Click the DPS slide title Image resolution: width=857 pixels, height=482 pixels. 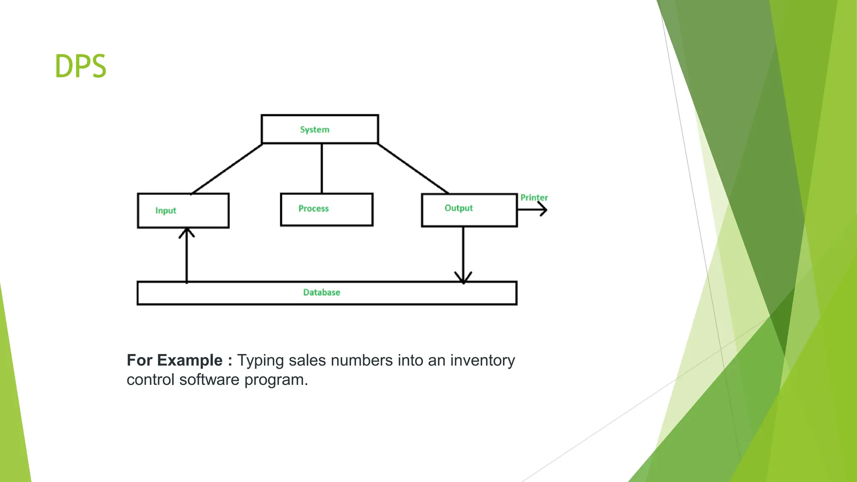click(81, 66)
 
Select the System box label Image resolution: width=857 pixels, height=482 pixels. click(315, 130)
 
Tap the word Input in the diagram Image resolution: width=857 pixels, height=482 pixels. click(166, 210)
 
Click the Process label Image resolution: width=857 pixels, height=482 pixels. click(313, 208)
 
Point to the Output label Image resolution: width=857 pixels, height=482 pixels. click(459, 208)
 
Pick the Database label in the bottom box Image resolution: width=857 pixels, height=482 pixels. click(321, 292)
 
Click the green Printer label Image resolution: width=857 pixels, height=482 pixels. click(534, 197)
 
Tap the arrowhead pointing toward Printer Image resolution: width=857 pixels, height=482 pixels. click(544, 209)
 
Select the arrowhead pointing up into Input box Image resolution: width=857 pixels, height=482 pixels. click(187, 232)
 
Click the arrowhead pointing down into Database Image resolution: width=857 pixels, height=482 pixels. click(463, 278)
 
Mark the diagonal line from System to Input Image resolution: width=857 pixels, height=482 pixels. click(227, 169)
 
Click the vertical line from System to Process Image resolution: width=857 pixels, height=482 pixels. click(322, 168)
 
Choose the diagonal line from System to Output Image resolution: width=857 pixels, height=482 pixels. click(413, 169)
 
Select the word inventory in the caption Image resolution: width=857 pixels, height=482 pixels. click(482, 361)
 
